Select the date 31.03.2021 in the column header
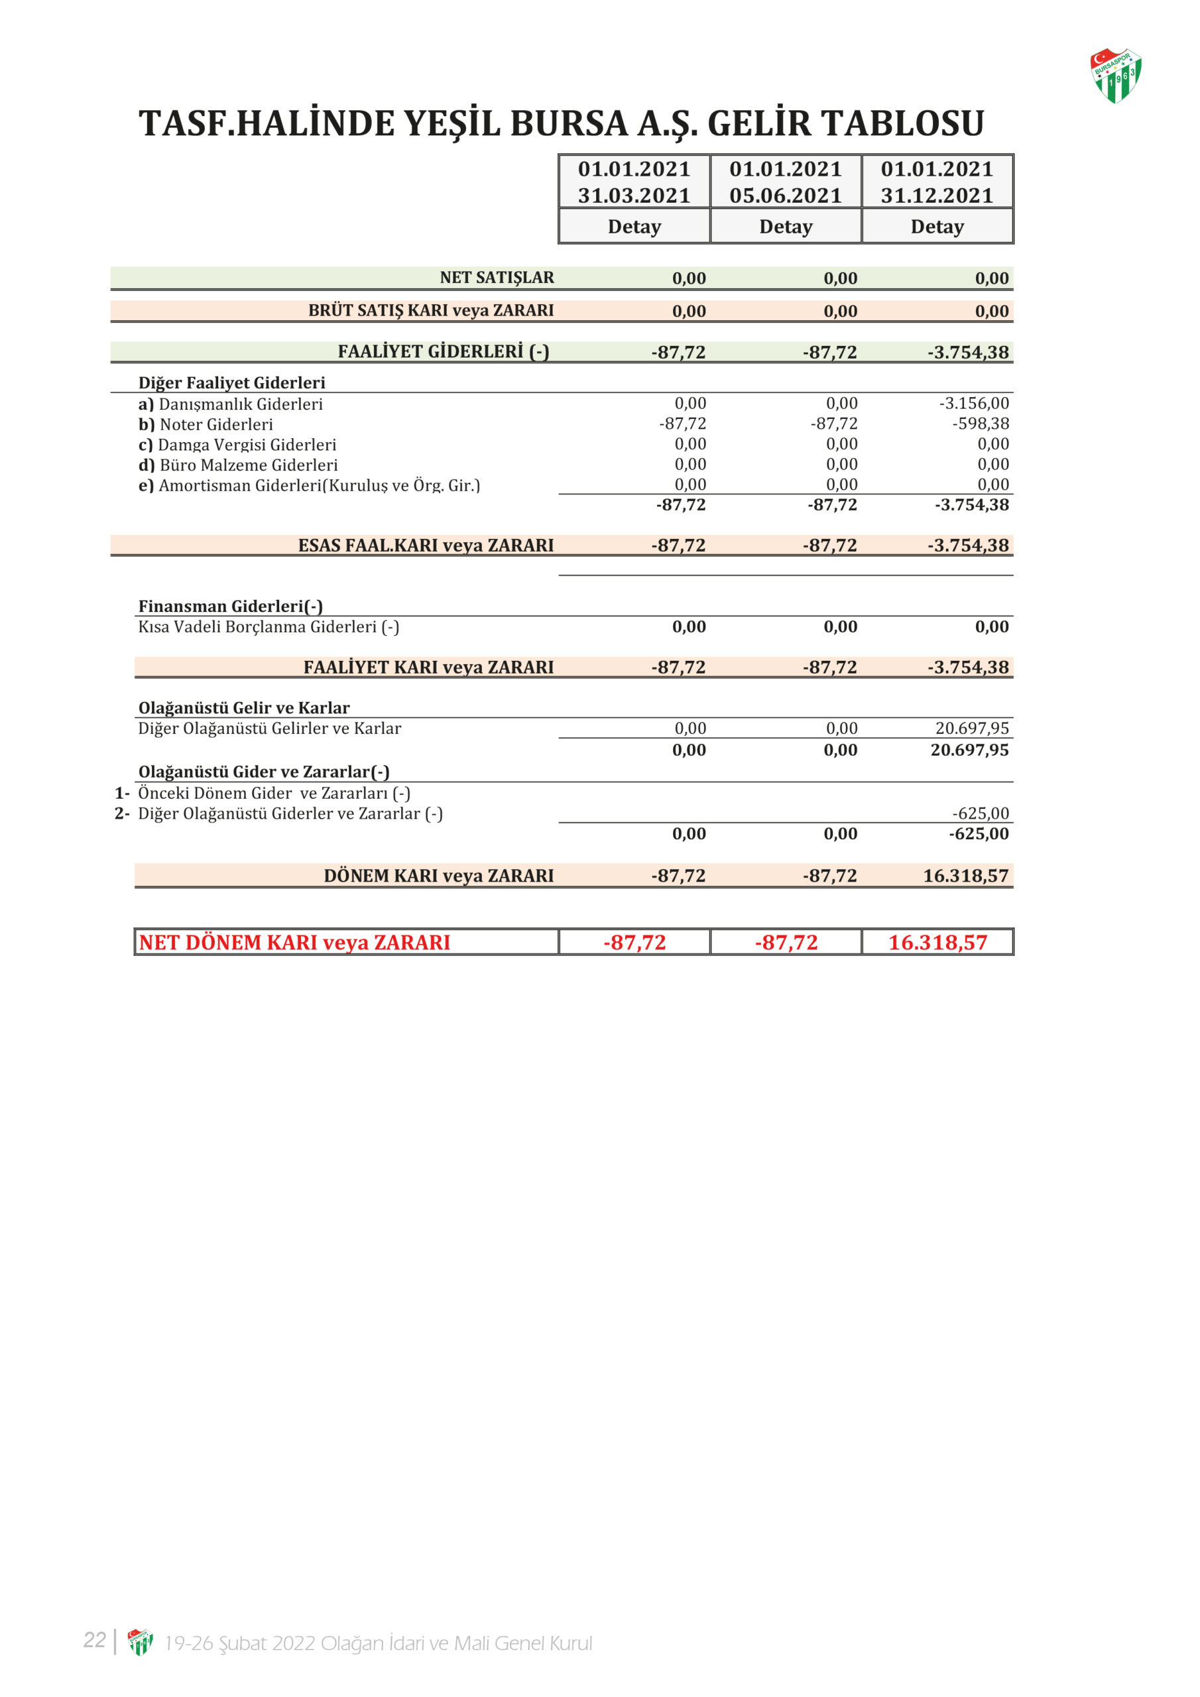634,196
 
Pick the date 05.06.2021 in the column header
785,196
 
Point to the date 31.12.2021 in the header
937,196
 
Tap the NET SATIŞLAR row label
496,278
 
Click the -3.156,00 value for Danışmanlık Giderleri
974,404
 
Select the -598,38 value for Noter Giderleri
981,424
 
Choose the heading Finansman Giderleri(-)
231,606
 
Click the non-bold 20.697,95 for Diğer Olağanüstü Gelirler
971,728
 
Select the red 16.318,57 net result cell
937,943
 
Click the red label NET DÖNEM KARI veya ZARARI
294,943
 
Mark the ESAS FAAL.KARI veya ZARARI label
425,546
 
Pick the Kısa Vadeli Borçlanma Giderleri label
269,627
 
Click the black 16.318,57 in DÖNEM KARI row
965,876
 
